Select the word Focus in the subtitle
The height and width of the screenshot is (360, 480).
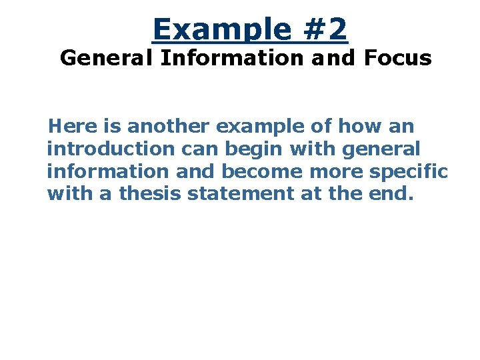pyautogui.click(x=398, y=58)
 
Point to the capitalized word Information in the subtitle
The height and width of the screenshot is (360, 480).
pyautogui.click(x=233, y=58)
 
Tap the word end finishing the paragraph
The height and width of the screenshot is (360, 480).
pyautogui.click(x=396, y=193)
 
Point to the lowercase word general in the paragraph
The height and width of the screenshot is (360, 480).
pyautogui.click(x=381, y=148)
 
